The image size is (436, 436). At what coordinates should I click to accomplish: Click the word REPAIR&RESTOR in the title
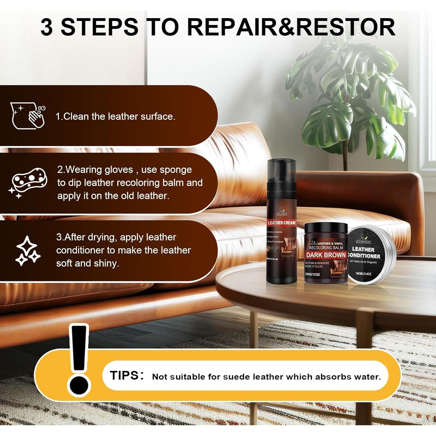click(291, 27)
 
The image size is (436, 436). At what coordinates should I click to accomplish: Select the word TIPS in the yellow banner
click(124, 376)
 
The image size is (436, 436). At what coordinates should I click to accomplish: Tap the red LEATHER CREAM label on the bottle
click(281, 223)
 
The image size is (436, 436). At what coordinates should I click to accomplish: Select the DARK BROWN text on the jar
click(326, 255)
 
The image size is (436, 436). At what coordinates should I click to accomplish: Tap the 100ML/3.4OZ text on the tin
click(362, 274)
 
